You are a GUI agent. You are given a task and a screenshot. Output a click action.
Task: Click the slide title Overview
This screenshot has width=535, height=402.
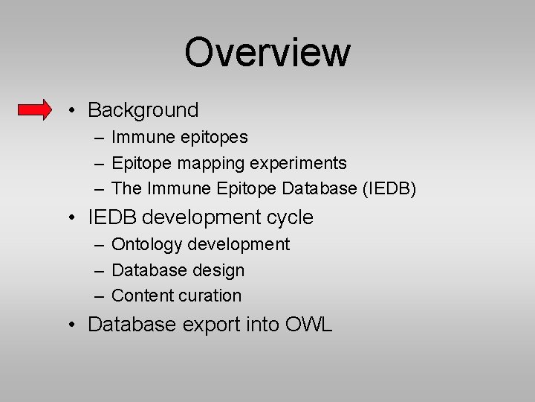(x=267, y=52)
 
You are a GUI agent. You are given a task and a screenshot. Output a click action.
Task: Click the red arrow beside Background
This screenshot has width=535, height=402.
(x=35, y=110)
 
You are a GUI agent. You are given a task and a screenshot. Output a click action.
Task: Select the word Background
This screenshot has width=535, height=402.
(x=143, y=110)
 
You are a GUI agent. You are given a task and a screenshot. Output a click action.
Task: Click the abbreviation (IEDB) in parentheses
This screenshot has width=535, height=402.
(x=389, y=189)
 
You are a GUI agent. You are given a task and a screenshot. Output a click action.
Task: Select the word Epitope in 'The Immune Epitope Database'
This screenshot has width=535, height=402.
(x=247, y=189)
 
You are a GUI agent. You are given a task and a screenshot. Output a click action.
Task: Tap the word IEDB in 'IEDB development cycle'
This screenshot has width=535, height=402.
(x=111, y=217)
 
